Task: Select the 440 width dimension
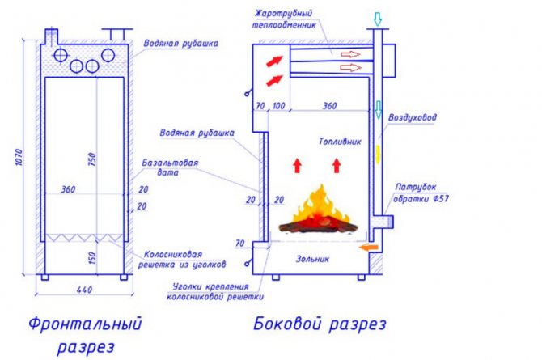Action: click(x=83, y=289)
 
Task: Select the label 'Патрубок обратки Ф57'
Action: click(x=417, y=191)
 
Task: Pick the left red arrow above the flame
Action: click(x=296, y=166)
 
